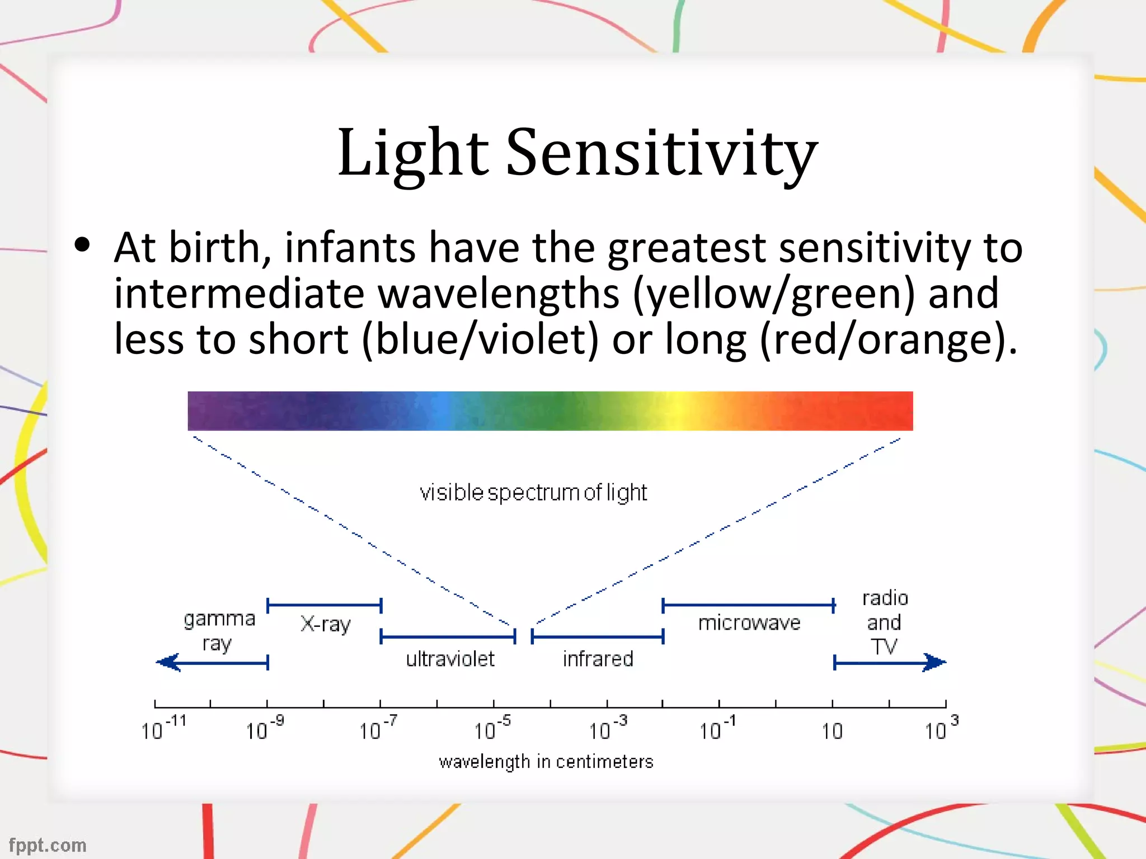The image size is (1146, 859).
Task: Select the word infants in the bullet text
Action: click(350, 248)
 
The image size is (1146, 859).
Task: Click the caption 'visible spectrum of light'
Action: click(533, 493)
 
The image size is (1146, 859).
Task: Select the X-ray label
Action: click(326, 624)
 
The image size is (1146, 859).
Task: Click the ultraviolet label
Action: click(450, 659)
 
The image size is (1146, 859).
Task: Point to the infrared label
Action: click(598, 659)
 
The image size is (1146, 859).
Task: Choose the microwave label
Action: click(749, 622)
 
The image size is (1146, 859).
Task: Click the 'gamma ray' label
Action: click(219, 631)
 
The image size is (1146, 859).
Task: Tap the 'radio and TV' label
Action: click(885, 622)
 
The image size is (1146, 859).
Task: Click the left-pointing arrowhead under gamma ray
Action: click(168, 663)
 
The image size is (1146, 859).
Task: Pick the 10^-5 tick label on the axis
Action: click(492, 729)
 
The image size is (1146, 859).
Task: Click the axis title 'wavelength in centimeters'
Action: click(546, 762)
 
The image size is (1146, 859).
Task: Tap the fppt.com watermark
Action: click(48, 845)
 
